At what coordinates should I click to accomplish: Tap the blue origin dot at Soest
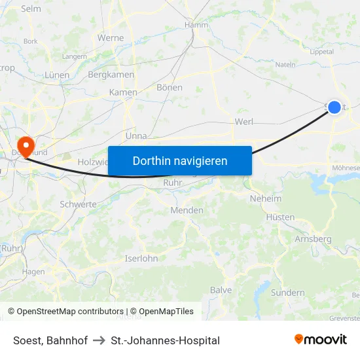coord(334,107)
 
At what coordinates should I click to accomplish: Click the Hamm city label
coord(196,24)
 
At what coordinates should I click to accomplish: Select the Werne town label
coord(111,38)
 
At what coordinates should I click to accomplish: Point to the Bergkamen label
coord(111,75)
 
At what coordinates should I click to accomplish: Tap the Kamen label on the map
coord(123,92)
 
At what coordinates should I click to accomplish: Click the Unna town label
coord(135,136)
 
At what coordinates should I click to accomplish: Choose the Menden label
coord(187,210)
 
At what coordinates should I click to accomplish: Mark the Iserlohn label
coord(141,259)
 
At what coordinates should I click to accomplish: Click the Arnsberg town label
coord(313,239)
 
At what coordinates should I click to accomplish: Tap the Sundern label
coord(287,293)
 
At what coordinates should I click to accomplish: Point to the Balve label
coord(221,290)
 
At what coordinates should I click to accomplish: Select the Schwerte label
coord(78,204)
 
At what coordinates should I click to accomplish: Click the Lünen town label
coord(57,75)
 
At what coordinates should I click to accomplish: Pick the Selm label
coord(31,9)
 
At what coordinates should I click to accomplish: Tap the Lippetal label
coord(322,52)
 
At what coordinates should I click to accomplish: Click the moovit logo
coord(321,340)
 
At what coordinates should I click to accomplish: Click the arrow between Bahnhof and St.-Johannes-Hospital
coord(99,340)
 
